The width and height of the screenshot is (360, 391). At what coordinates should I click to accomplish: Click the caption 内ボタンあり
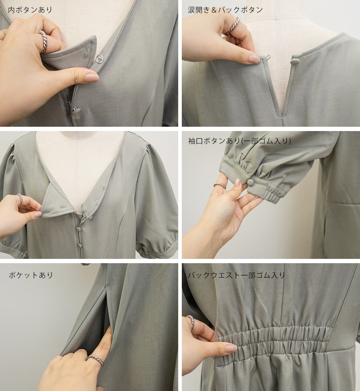point(30,10)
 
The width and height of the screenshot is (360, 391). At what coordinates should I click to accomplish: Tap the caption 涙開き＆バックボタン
point(225,10)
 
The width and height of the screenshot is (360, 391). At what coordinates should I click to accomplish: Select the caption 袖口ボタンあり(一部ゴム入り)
point(240,141)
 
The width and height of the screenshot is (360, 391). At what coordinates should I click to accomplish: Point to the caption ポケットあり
point(31,275)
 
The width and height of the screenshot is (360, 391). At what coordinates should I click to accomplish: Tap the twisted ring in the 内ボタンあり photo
point(42,41)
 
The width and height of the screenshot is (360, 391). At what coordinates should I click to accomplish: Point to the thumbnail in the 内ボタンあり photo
point(91,77)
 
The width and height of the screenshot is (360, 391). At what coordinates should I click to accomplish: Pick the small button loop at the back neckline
point(268,57)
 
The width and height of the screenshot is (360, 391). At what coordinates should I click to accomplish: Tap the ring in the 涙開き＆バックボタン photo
point(234,25)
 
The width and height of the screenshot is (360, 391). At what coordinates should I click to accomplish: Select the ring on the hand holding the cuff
point(220,185)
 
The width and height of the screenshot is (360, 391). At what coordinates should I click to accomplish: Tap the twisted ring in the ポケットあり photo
point(96,360)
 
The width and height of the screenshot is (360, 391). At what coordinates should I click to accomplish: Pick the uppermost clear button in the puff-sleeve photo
point(103,187)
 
